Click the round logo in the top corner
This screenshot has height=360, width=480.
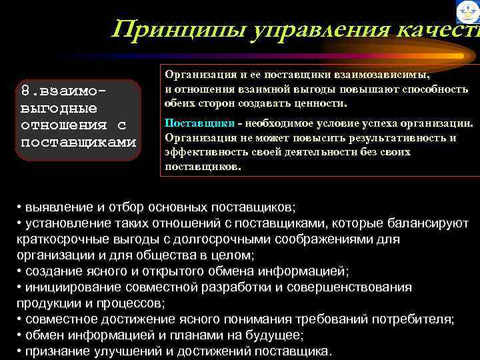click(x=467, y=11)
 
